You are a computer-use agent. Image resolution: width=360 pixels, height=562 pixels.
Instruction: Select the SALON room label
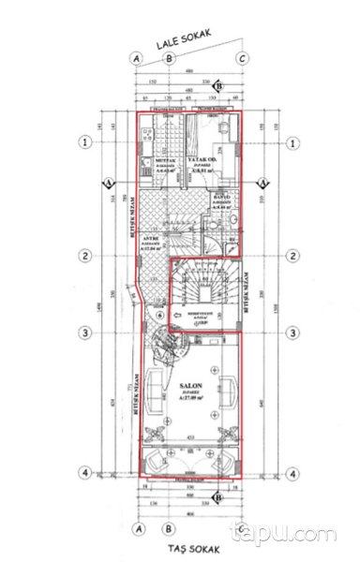188,386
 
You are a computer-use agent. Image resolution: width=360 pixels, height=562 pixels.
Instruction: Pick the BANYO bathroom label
219,197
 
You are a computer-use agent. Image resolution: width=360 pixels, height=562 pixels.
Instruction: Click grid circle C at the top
242,59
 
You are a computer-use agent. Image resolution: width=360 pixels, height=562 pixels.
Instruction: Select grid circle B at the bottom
168,526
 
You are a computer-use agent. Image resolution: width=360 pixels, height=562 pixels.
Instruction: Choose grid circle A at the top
138,59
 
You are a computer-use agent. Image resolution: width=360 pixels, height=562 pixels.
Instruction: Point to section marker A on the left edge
108,182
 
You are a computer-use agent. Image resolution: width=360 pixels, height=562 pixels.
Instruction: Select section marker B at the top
217,87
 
